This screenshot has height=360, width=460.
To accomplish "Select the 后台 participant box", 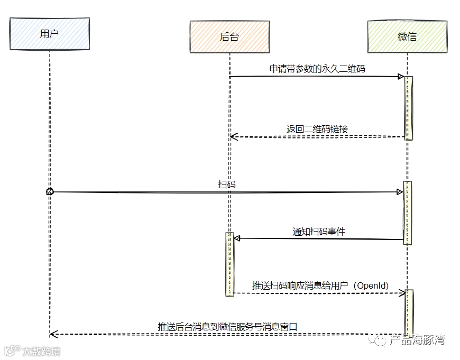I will pos(229,36).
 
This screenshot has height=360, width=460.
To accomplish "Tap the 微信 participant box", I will pos(407,36).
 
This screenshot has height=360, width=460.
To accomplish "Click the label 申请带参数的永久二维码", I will pos(317,69).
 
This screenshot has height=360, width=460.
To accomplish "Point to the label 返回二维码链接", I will pos(317,129).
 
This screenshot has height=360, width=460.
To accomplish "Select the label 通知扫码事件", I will pos(319,231).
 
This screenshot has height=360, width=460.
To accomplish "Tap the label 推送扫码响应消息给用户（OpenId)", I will pos(320,285).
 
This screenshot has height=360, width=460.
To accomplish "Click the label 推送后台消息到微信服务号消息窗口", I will pos(227,327).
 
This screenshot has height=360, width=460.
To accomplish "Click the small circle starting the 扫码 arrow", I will pos(49,192).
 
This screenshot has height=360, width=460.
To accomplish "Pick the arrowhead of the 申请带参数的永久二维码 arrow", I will pos(401,77).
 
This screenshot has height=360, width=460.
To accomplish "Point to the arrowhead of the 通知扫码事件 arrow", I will pos(237,238).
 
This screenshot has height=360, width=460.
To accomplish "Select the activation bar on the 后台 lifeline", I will pos(229,264).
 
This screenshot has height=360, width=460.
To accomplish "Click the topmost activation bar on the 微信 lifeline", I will pos(408,108).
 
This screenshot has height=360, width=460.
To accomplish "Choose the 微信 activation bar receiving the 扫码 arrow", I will pos(407,213).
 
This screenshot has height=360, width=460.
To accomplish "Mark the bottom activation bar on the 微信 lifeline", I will pos(408,312).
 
